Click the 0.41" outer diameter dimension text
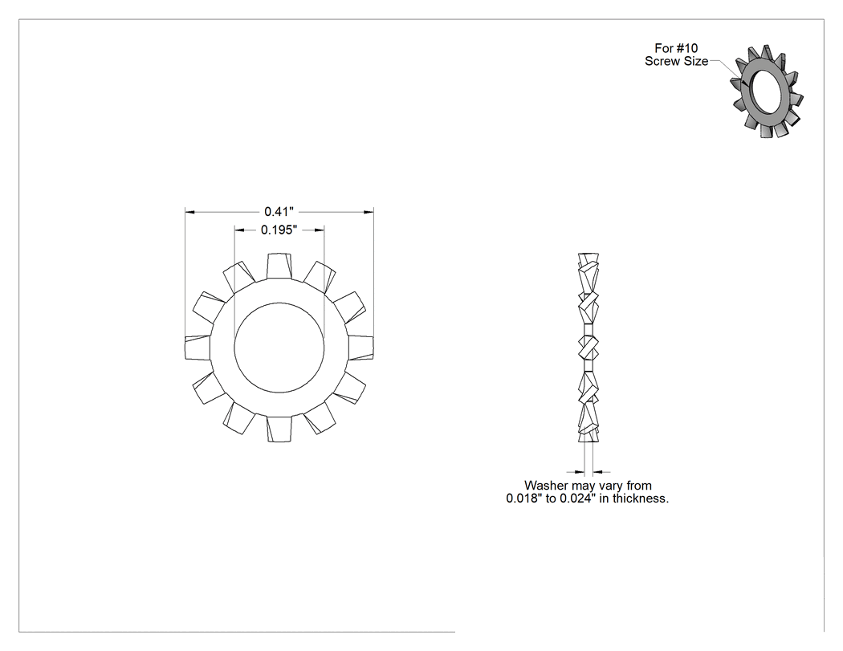pyautogui.click(x=279, y=211)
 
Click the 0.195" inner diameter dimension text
pyautogui.click(x=279, y=230)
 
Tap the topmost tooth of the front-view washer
pyautogui.click(x=279, y=266)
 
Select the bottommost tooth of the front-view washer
pyautogui.click(x=279, y=429)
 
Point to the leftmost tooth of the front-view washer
pyautogui.click(x=198, y=348)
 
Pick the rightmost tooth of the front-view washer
pyautogui.click(x=360, y=348)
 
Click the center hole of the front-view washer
pyautogui.click(x=279, y=348)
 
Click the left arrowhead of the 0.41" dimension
pyautogui.click(x=189, y=212)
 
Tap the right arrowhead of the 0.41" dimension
pyautogui.click(x=369, y=212)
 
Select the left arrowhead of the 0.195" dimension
pyautogui.click(x=239, y=230)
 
